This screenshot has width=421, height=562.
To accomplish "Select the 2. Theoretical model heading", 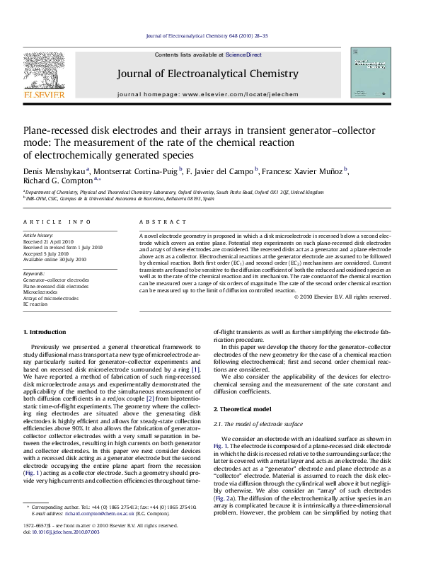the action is tap(244, 389).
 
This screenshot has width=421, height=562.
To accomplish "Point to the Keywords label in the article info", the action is tap(35, 273).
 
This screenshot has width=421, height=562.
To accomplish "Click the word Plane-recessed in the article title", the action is tap(57, 130).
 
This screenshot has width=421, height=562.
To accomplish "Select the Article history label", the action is tap(38, 234).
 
